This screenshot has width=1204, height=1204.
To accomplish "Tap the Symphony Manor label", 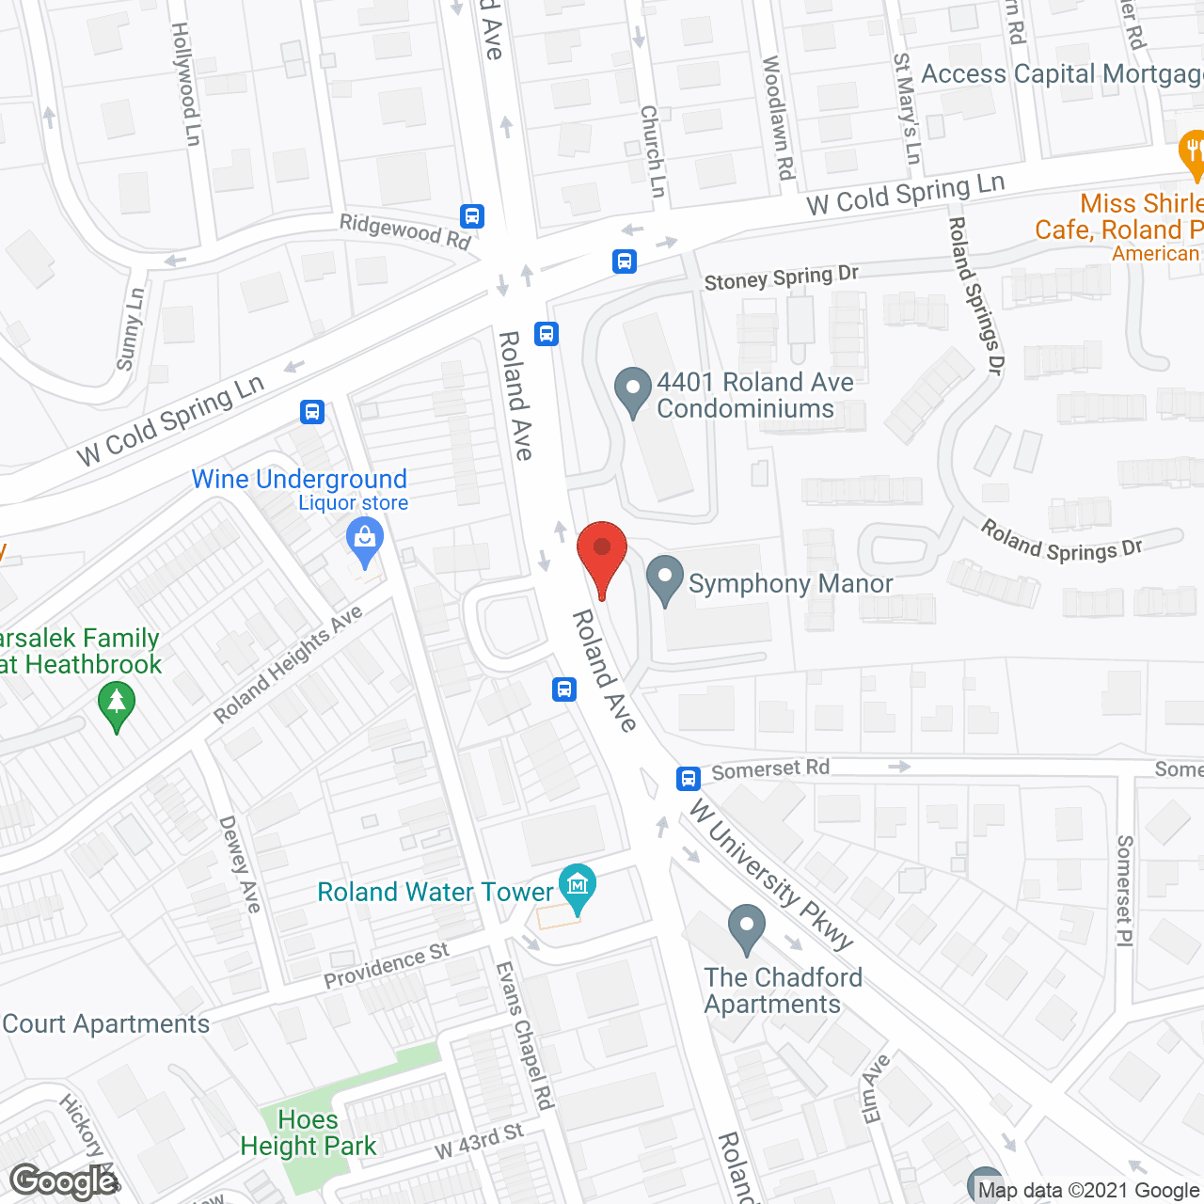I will pyautogui.click(x=790, y=584).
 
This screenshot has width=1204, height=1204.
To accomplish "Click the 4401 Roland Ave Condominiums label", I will pyautogui.click(x=754, y=395).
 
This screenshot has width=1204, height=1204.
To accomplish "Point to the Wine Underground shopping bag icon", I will pyautogui.click(x=364, y=540).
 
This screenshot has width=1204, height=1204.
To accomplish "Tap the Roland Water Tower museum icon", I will pyautogui.click(x=577, y=885).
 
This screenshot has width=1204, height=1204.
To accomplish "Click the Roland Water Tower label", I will pyautogui.click(x=435, y=892).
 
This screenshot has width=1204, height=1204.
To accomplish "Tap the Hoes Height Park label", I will pyautogui.click(x=308, y=1133).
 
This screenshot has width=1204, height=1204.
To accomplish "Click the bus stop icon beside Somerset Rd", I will pyautogui.click(x=689, y=778).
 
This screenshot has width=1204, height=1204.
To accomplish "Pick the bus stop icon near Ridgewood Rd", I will pyautogui.click(x=472, y=216).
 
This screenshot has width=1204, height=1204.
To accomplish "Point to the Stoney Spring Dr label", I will pyautogui.click(x=781, y=278).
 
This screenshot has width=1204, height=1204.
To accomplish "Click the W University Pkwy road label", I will pyautogui.click(x=770, y=874).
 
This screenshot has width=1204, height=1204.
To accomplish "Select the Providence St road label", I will pyautogui.click(x=387, y=966).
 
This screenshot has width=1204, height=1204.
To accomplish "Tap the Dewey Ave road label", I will pyautogui.click(x=240, y=863).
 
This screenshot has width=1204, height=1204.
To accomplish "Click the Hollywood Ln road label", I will pyautogui.click(x=186, y=84).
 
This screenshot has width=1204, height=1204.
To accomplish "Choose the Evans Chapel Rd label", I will pyautogui.click(x=526, y=1035).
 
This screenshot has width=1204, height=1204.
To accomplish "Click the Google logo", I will pyautogui.click(x=64, y=1181).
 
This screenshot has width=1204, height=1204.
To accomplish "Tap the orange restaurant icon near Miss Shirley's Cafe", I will pyautogui.click(x=1192, y=150).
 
